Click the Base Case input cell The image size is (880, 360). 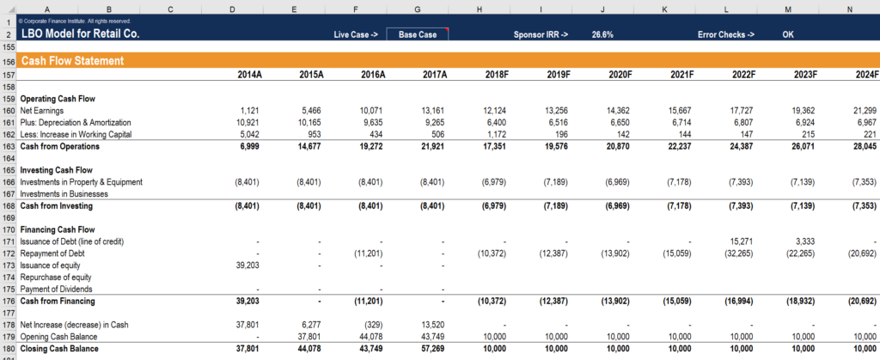coord(417,34)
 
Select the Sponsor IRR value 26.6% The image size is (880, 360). coord(602,34)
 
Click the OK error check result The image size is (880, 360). coord(787,34)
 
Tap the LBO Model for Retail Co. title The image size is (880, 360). coord(80,34)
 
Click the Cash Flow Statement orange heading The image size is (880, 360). coord(73,61)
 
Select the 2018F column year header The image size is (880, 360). coord(496,76)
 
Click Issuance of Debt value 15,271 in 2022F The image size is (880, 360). coord(742,242)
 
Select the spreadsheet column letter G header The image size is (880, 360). coord(418,9)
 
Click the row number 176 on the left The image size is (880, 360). coord(8,302)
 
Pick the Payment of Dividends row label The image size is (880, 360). coord(58,290)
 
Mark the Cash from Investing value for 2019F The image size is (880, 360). coord(554,206)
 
